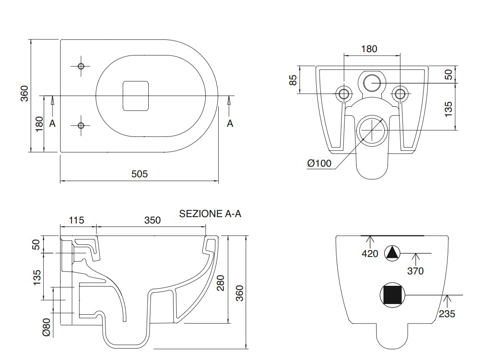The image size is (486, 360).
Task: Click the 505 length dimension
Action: click(x=139, y=174)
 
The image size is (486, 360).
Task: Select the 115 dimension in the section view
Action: click(x=77, y=220)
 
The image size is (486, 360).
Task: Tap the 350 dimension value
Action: click(x=153, y=220)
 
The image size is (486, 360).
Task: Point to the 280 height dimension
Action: click(x=220, y=283)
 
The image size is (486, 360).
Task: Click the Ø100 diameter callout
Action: click(x=319, y=163)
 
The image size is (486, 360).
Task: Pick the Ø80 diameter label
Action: click(x=46, y=327)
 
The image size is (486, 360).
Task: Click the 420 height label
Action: click(x=370, y=254)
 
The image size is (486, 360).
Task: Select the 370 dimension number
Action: click(x=415, y=271)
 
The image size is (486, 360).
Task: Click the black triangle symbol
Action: click(x=392, y=253)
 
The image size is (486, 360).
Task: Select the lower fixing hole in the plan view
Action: click(x=81, y=125)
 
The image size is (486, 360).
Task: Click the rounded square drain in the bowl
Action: click(x=136, y=96)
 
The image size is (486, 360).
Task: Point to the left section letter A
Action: click(x=52, y=123)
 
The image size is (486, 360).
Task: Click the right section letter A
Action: click(x=230, y=123)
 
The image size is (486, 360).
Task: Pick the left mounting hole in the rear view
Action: click(x=344, y=93)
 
